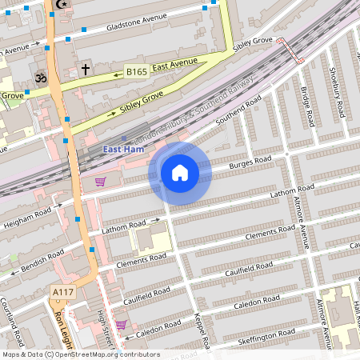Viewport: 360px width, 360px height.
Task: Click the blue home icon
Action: [180, 173]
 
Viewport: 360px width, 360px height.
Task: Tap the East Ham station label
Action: [123, 150]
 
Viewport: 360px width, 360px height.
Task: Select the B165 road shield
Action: [136, 72]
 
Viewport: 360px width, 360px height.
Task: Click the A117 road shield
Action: [62, 293]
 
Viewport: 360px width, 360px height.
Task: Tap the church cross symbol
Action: [85, 70]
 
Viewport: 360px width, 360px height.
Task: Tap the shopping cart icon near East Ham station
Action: [100, 182]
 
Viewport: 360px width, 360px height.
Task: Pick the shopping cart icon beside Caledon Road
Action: [120, 324]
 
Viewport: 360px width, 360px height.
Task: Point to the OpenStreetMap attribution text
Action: [80, 354]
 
